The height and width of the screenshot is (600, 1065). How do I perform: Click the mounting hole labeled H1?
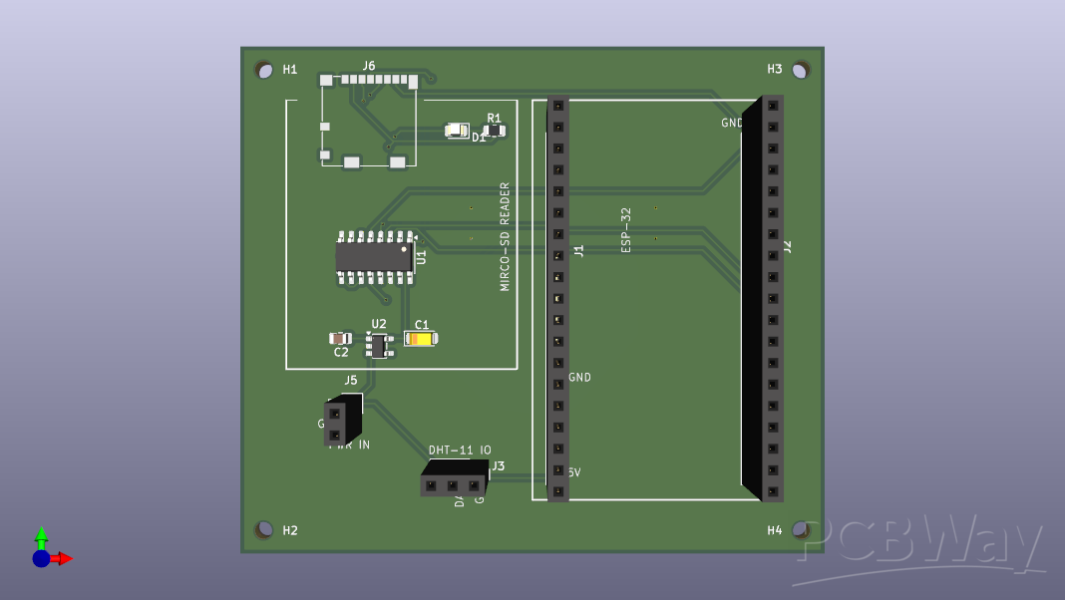[264, 70]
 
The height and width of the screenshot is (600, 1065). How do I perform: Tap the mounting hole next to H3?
[800, 70]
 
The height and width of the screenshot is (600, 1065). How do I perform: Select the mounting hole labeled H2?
[264, 529]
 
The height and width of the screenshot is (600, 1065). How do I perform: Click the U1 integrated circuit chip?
[374, 257]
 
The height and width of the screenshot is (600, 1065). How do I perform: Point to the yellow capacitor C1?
[421, 339]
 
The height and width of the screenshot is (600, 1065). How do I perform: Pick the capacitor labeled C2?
[340, 339]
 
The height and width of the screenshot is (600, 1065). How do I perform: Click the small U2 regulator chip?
[378, 345]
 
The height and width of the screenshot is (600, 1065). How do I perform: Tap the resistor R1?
[494, 131]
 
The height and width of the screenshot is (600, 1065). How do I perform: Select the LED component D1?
[457, 130]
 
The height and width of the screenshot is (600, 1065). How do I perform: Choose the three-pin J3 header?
[453, 484]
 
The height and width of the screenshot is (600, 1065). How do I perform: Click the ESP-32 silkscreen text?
[626, 229]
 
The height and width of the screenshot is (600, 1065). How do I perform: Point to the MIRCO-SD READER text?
[505, 236]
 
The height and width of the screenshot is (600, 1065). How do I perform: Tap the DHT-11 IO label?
[460, 450]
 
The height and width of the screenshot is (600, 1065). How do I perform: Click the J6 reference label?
[369, 66]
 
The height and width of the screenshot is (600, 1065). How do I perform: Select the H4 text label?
[775, 530]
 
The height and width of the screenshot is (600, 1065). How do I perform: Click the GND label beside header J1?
[580, 378]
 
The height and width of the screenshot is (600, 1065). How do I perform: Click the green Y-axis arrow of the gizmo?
[41, 536]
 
